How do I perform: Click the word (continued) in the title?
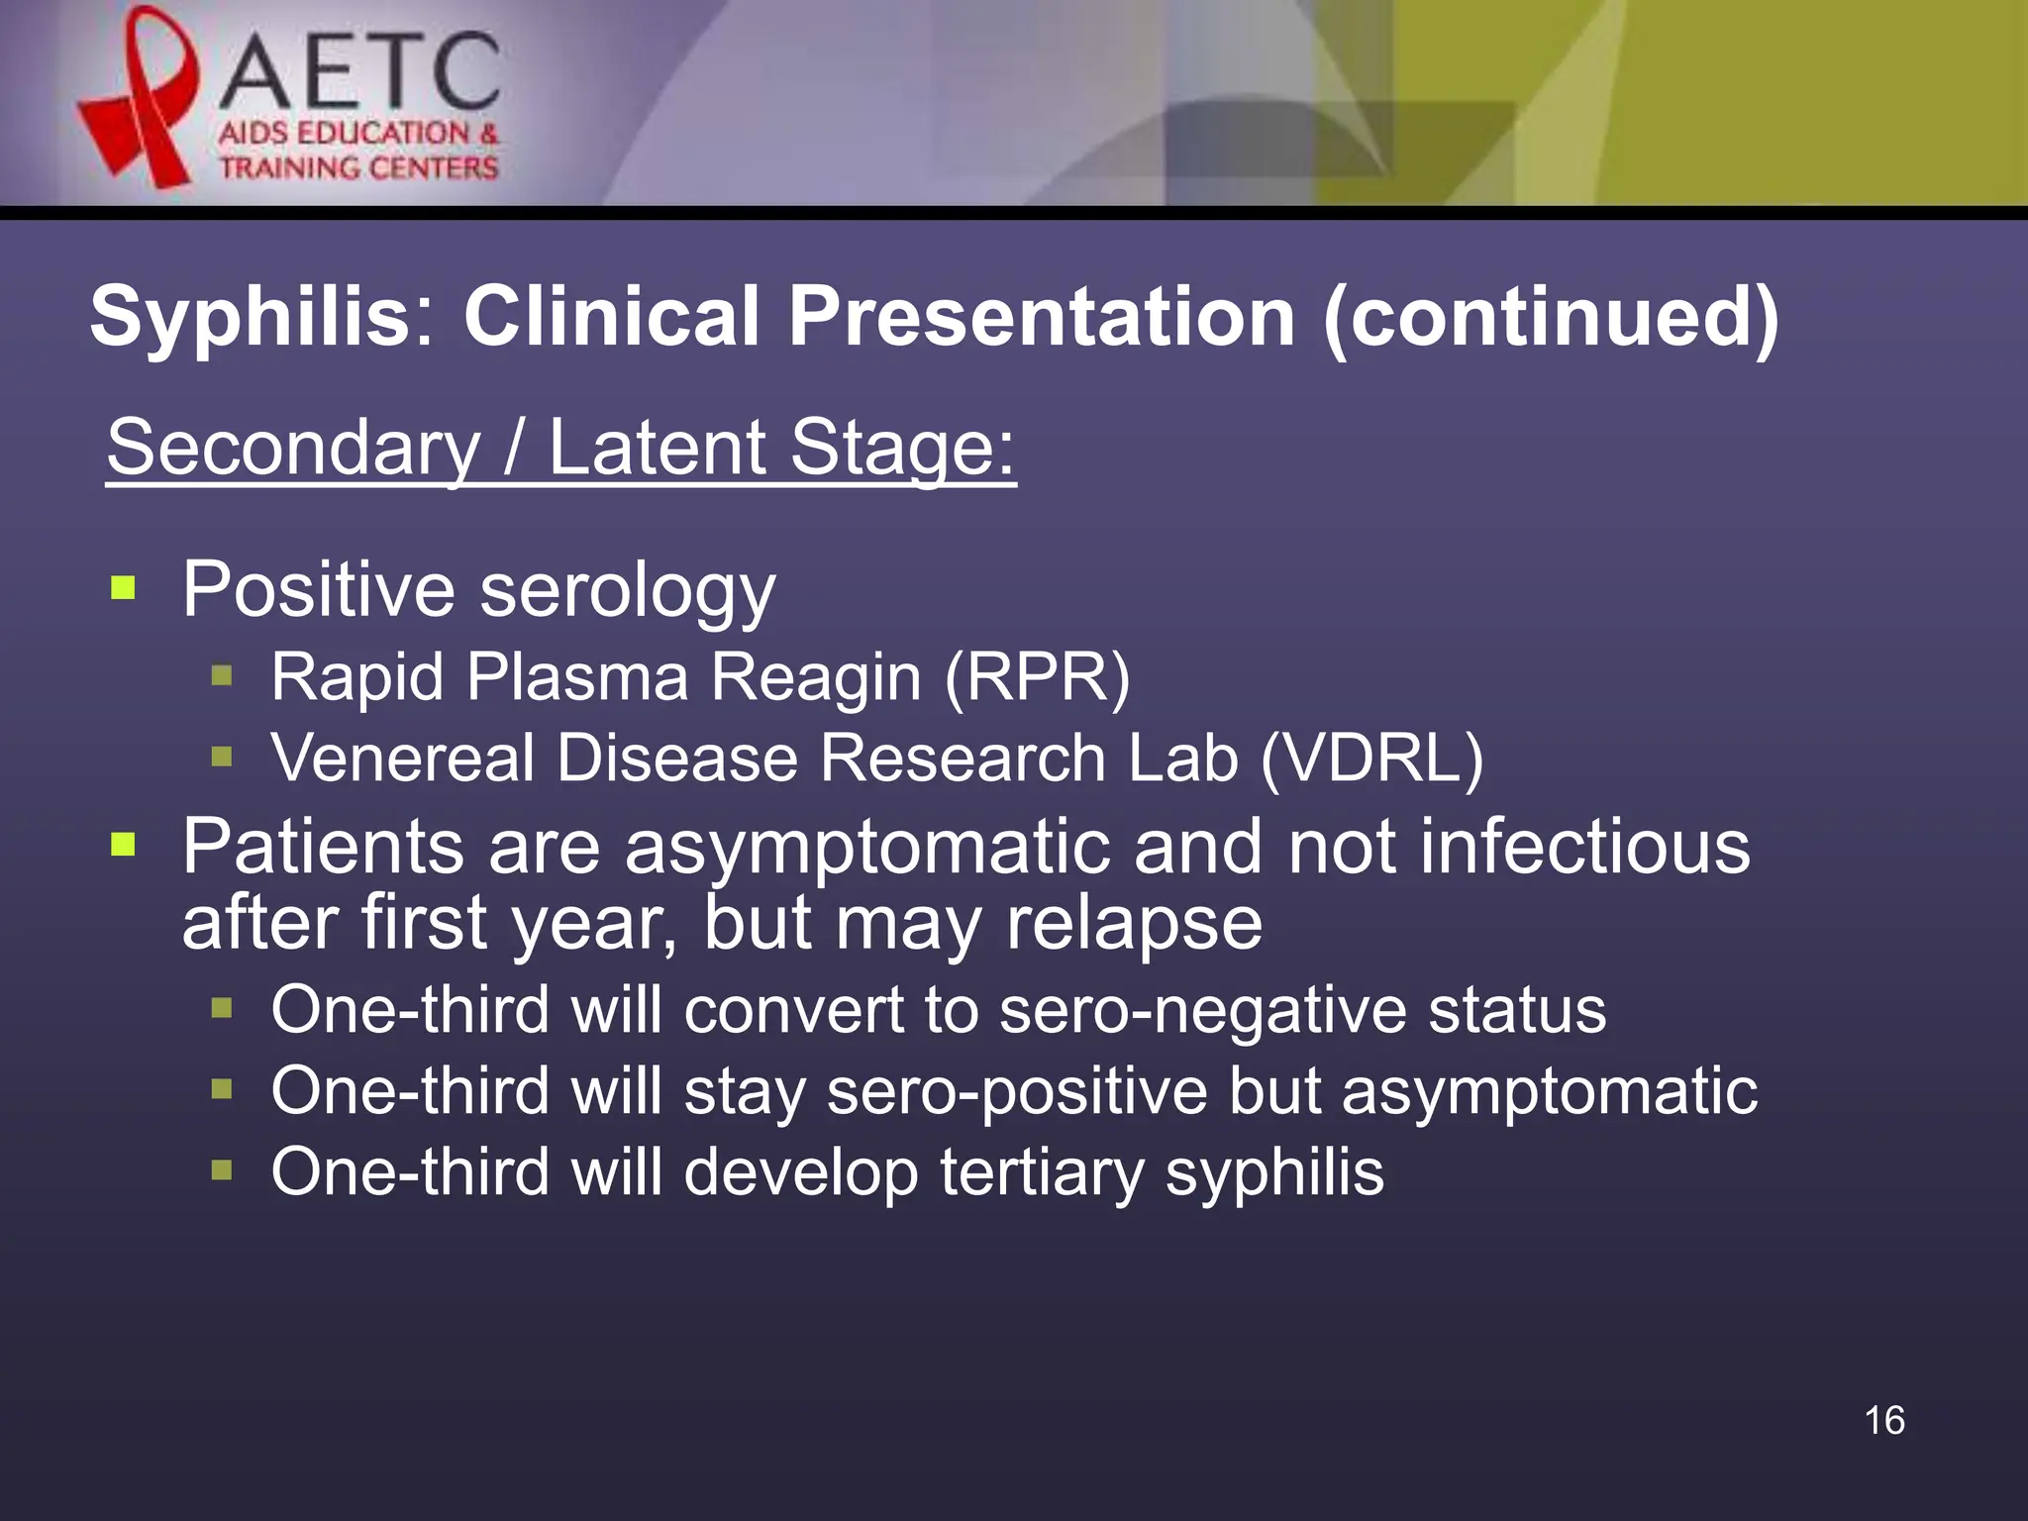tap(1551, 318)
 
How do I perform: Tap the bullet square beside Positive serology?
tap(123, 588)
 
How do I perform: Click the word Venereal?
tap(402, 759)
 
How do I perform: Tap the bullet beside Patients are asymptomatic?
tap(123, 845)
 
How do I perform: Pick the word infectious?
tap(1584, 847)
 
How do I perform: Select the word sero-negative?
tap(1202, 1011)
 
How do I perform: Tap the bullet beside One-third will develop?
tap(222, 1171)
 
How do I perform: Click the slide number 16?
tap(1883, 1420)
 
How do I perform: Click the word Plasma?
tap(577, 678)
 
